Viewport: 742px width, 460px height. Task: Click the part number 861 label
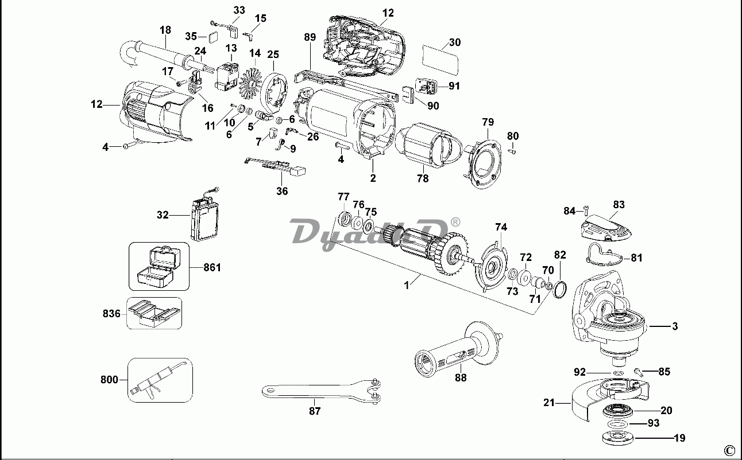[212, 267]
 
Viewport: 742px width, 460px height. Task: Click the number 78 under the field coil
[422, 178]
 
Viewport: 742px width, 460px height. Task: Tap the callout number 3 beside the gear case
[675, 326]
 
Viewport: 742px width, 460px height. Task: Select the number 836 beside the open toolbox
[112, 313]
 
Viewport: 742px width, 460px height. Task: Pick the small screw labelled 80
[514, 151]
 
